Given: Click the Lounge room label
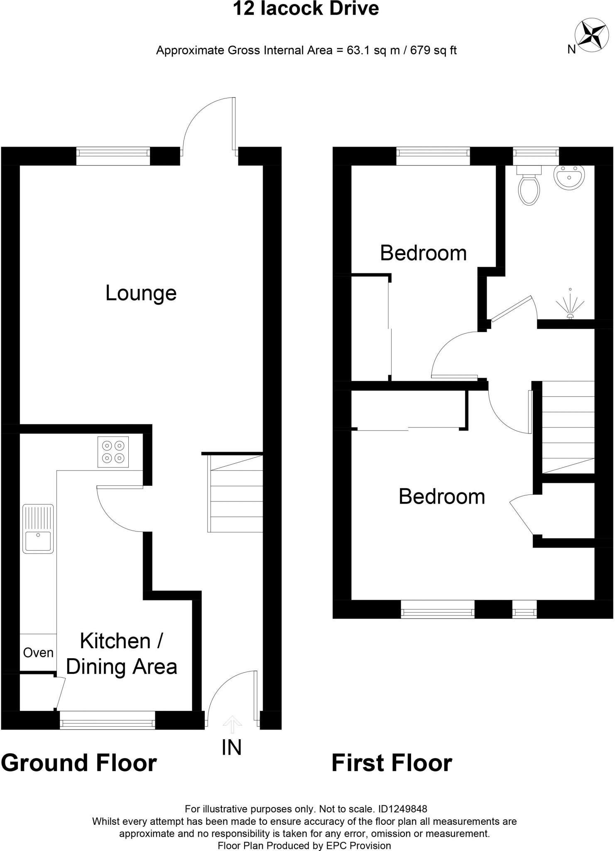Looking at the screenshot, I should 141,293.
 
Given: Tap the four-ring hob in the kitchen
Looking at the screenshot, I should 113,452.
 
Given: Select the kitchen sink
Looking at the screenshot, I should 38,529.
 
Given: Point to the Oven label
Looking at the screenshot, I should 38,653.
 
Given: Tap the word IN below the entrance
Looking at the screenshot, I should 231,748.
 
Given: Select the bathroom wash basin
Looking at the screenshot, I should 569,178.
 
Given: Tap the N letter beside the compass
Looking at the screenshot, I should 571,49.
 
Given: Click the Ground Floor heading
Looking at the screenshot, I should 79,763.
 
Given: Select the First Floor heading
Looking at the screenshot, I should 392,763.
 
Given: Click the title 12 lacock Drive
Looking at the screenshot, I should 306,9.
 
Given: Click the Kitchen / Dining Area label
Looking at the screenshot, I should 122,654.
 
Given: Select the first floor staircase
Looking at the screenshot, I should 568,427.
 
